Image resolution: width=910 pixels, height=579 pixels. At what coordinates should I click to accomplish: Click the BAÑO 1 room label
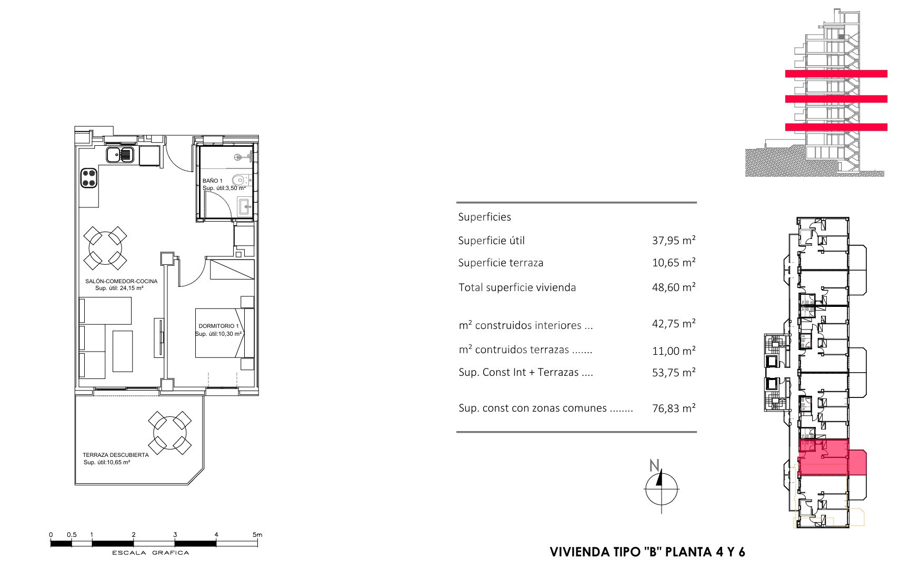[x=213, y=181]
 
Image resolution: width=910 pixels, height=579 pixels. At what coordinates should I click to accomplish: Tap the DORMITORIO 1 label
[x=218, y=326]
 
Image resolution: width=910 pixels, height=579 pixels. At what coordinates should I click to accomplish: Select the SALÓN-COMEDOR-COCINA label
[x=121, y=282]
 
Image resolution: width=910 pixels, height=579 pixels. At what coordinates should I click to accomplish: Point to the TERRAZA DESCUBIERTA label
[x=115, y=455]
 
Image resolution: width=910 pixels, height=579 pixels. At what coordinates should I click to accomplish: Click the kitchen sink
[x=121, y=155]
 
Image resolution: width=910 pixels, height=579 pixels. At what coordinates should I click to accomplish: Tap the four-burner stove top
[x=88, y=177]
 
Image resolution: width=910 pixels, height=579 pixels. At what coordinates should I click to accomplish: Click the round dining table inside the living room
[x=106, y=247]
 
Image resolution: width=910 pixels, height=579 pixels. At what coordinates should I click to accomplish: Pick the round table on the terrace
[x=169, y=433]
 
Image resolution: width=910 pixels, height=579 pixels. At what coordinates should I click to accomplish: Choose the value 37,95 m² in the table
[x=674, y=241]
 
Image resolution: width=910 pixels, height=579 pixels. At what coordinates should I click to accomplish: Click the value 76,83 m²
[x=674, y=408]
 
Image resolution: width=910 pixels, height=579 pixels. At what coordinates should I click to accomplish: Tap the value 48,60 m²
[x=674, y=287]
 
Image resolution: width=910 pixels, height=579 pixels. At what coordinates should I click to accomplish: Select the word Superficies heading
[x=484, y=217]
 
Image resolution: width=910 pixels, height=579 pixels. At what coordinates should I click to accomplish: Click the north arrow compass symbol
[x=661, y=487]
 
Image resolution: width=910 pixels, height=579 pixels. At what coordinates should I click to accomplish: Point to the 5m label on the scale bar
[x=257, y=535]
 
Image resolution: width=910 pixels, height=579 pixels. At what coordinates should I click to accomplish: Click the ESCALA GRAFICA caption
[x=151, y=553]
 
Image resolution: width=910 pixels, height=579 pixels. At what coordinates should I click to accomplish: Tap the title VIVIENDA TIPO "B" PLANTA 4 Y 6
[x=647, y=552]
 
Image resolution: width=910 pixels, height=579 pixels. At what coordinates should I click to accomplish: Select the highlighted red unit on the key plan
[x=832, y=457]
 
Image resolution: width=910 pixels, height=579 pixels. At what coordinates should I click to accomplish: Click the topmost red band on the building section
[x=836, y=74]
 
